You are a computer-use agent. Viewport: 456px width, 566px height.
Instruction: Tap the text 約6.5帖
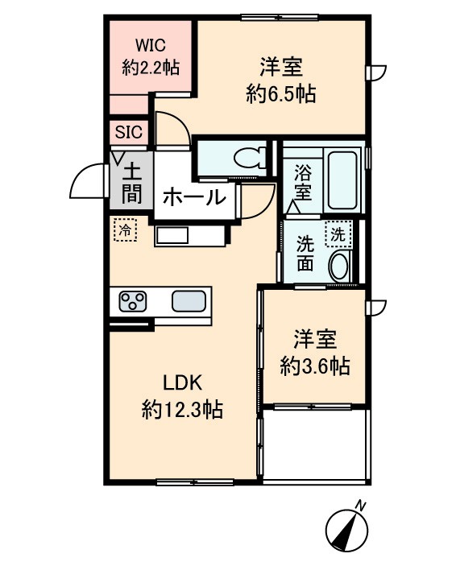tap(280, 94)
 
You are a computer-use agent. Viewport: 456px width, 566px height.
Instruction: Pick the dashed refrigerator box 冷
tap(125, 231)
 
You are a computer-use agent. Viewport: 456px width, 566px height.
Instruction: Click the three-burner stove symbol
tap(133, 302)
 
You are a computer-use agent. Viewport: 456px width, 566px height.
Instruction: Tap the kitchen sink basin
tap(189, 302)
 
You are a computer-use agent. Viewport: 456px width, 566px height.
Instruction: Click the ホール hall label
tap(194, 197)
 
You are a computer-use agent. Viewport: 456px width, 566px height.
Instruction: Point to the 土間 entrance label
tap(131, 182)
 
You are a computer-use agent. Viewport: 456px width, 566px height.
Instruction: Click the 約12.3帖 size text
tap(183, 410)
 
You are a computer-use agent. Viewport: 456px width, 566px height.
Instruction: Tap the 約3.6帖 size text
tap(315, 366)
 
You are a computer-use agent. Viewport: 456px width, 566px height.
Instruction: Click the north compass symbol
tap(347, 527)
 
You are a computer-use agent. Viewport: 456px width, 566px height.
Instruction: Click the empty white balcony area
tap(316, 445)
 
